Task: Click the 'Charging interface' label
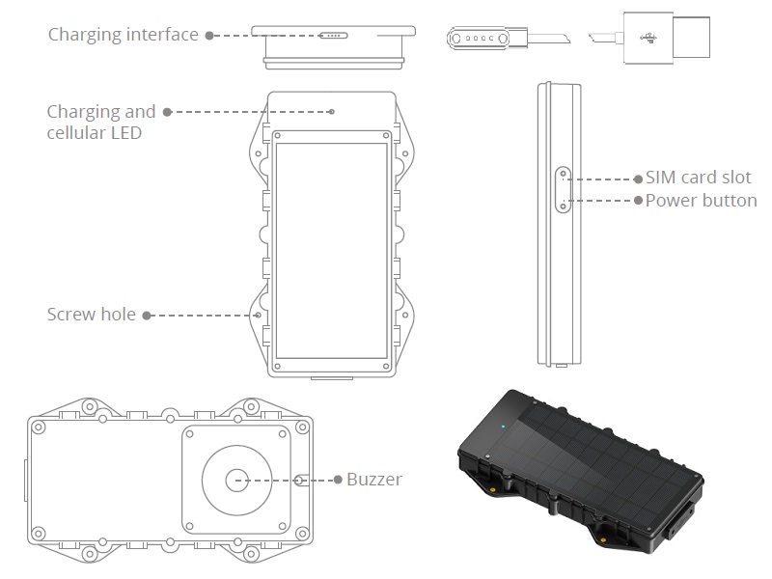124,35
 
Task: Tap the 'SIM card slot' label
698,179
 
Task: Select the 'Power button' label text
701,201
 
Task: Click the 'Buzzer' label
374,480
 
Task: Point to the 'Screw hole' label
93,315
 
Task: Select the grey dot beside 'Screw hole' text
147,315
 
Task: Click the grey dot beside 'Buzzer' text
338,480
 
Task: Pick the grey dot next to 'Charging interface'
207,35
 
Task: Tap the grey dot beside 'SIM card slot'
638,179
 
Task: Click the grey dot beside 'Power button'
638,201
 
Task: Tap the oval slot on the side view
561,189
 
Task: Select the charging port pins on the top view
332,36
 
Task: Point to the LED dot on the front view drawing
332,111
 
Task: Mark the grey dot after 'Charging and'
166,112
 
